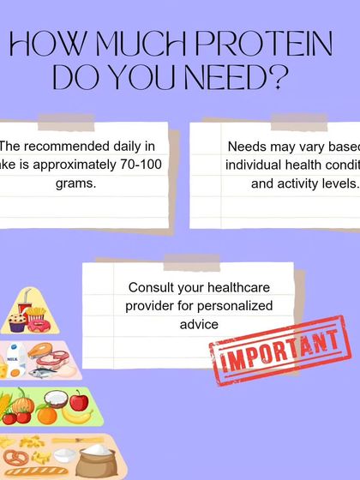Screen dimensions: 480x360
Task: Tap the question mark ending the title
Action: [276, 78]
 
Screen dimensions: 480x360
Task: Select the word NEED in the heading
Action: [223, 78]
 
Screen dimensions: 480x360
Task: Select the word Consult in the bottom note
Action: [151, 288]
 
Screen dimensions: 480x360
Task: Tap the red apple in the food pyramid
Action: [79, 399]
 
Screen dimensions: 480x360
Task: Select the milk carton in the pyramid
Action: [13, 356]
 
